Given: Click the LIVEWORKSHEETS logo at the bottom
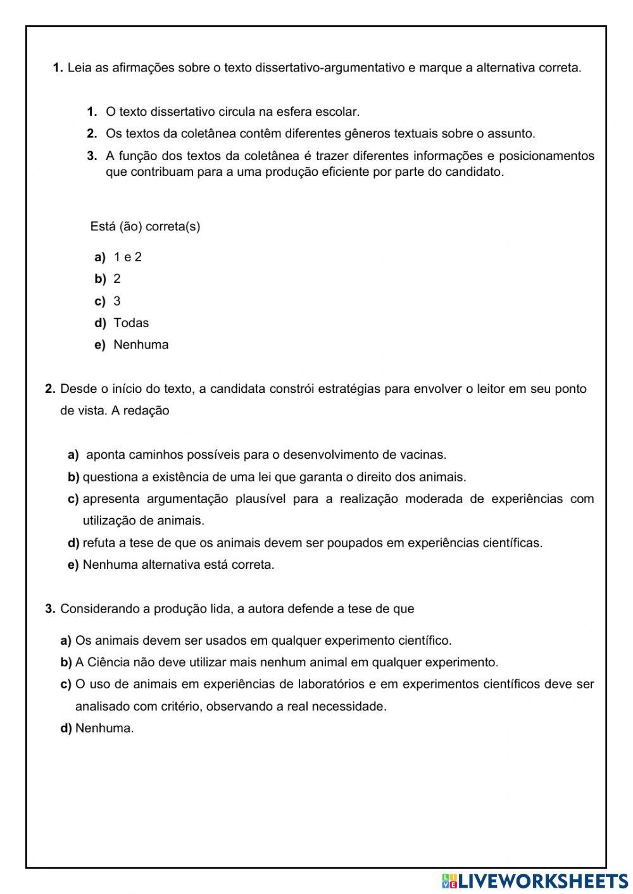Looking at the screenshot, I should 535,880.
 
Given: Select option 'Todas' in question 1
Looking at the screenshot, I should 131,323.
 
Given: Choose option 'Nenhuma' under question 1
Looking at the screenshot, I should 141,345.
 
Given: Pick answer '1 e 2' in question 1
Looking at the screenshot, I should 127,257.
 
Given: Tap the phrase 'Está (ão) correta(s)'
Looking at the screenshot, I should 146,227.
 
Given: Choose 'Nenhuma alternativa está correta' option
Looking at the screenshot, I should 179,564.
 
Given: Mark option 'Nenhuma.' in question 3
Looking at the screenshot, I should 104,728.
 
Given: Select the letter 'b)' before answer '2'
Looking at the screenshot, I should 100,279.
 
